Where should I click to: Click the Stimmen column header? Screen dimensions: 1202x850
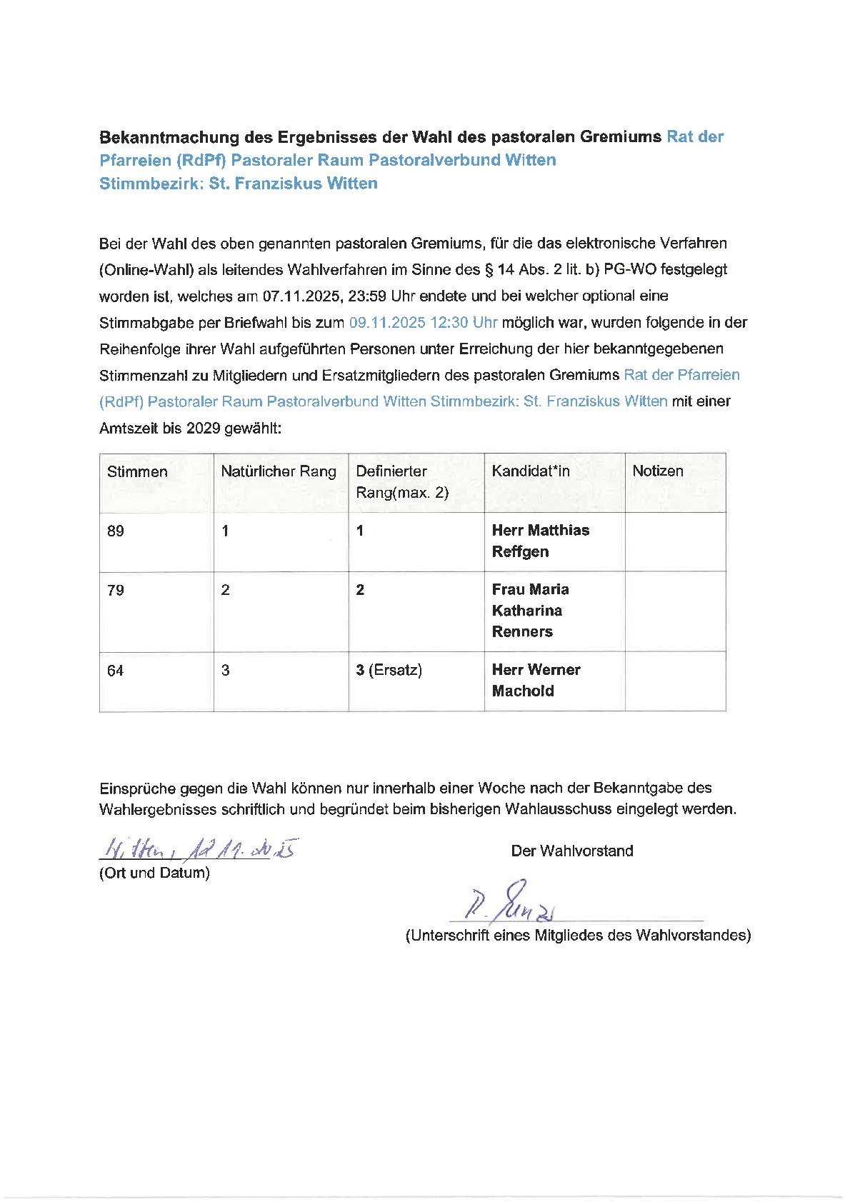point(137,471)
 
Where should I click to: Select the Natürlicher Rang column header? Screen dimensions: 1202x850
point(278,471)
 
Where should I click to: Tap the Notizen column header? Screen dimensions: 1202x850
point(657,471)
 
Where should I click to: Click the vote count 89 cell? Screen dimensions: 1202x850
point(116,531)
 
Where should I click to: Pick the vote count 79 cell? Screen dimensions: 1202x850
point(116,591)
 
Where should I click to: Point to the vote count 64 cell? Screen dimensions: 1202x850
point(116,671)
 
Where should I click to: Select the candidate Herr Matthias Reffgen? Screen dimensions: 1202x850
point(540,541)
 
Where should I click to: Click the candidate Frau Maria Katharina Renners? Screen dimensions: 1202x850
point(530,611)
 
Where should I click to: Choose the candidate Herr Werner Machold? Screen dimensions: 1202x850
point(536,680)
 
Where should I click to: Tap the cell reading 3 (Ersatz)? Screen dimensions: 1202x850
point(389,670)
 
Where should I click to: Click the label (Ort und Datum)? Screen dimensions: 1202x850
point(154,873)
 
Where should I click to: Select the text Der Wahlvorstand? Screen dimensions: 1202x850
point(571,851)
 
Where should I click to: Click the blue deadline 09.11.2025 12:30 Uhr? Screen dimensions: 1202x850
point(423,323)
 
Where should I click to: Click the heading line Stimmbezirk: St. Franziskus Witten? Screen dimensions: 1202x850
point(239,184)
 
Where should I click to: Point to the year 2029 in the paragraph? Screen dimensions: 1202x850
point(203,429)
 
